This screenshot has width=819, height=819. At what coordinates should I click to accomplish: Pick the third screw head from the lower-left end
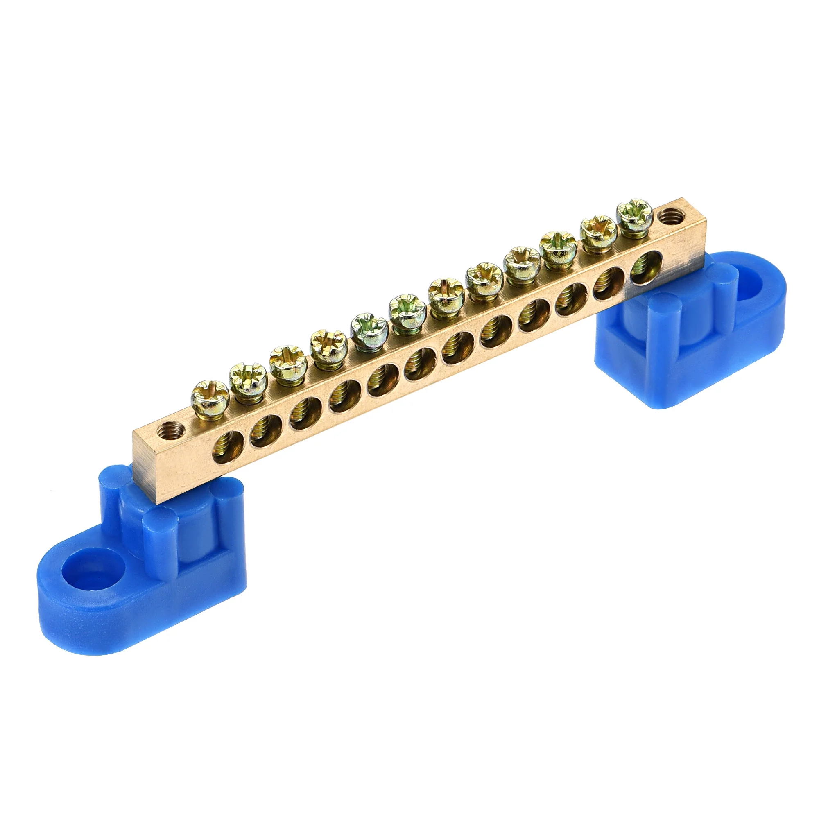(287, 360)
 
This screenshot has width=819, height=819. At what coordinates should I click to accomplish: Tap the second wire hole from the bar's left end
(266, 431)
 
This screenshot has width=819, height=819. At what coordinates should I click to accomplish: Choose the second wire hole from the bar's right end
(609, 282)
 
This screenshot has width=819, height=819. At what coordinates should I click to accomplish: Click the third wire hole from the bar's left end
(305, 414)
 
